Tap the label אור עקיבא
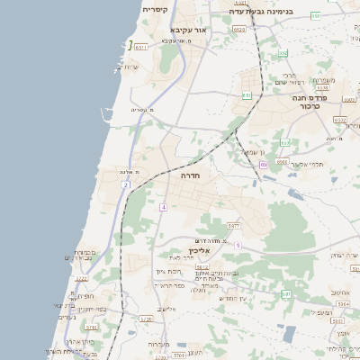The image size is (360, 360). click(187, 29)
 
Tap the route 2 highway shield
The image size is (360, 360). click(127, 184)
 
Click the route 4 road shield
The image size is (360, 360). click(164, 208)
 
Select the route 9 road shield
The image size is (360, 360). click(238, 245)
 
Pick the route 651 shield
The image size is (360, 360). click(247, 94)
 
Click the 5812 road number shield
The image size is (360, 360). click(202, 266)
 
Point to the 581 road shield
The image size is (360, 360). click(285, 294)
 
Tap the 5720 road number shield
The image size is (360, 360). click(146, 318)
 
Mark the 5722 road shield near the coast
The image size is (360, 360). click(82, 278)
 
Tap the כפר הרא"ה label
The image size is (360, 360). click(168, 285)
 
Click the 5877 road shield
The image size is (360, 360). click(233, 226)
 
